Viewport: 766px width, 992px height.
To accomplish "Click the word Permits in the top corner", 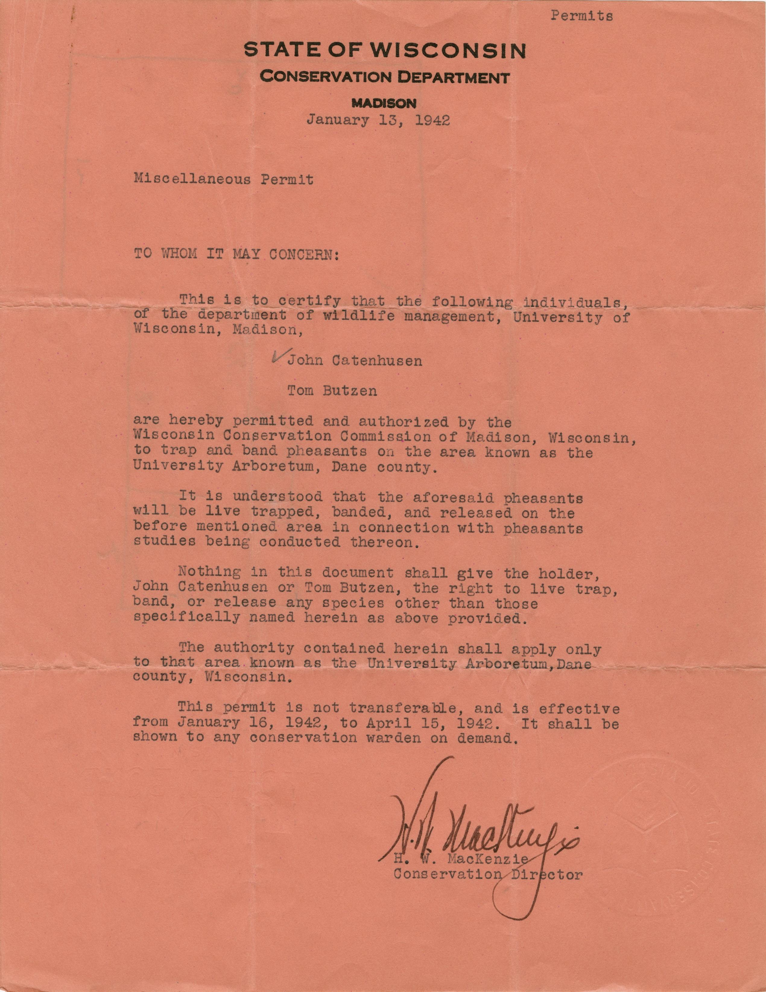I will pyautogui.click(x=582, y=16).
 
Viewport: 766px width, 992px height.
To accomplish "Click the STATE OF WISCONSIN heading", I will pyautogui.click(x=385, y=50).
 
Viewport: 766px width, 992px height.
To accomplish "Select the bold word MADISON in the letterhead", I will pyautogui.click(x=384, y=103).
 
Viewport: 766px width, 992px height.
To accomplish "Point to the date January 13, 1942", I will pyautogui.click(x=378, y=120).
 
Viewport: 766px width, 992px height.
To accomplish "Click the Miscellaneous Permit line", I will pyautogui.click(x=223, y=180).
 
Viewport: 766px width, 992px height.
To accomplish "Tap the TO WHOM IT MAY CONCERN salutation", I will pyautogui.click(x=236, y=253).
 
